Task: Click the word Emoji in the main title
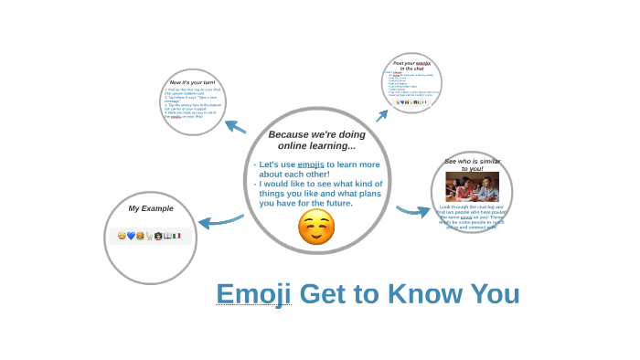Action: point(253,294)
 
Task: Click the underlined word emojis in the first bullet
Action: point(311,164)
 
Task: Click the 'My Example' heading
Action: point(151,208)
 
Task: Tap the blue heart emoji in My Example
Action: point(131,236)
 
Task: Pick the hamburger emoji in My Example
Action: point(140,236)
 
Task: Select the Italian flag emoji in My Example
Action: point(176,236)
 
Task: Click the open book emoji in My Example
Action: point(167,236)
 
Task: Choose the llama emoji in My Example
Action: point(149,236)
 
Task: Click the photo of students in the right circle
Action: point(472,187)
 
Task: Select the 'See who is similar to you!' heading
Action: point(472,164)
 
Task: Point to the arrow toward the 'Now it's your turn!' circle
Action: point(235,126)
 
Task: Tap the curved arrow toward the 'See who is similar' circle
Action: point(413,211)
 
